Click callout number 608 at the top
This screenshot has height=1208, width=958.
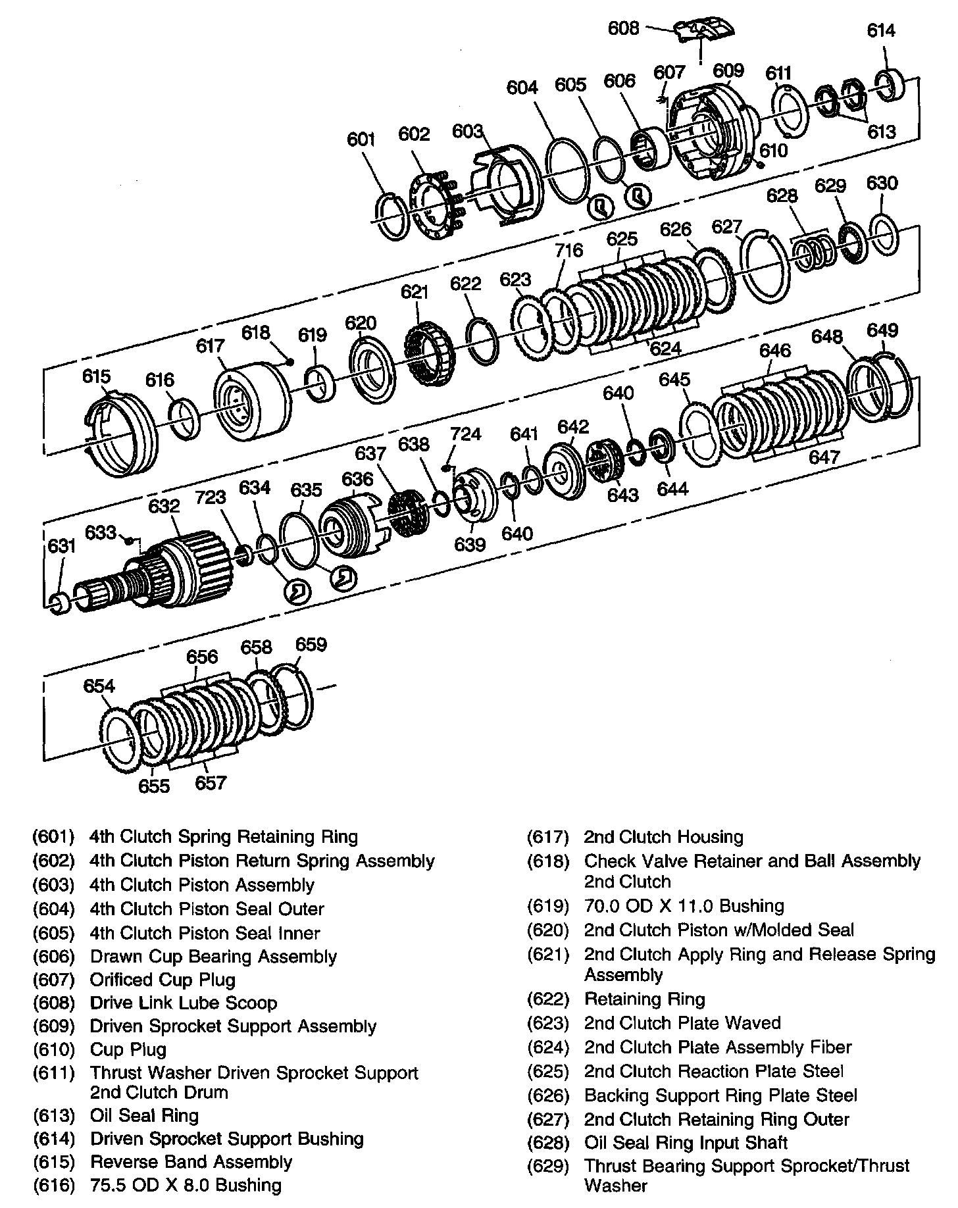(x=623, y=28)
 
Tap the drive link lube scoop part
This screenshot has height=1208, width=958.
(x=704, y=30)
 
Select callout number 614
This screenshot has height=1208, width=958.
(x=881, y=30)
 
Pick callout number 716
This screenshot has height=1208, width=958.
(x=568, y=250)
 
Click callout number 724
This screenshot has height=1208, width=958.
(x=465, y=434)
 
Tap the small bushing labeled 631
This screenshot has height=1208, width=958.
(x=59, y=602)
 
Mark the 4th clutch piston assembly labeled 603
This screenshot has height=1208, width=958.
(x=507, y=188)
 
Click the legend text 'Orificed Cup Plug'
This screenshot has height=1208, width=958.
(x=163, y=980)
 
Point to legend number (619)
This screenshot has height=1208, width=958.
(x=547, y=906)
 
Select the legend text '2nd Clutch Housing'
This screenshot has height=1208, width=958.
(x=663, y=837)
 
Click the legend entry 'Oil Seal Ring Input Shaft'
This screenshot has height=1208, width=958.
(x=686, y=1143)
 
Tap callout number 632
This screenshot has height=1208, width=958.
(x=164, y=506)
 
